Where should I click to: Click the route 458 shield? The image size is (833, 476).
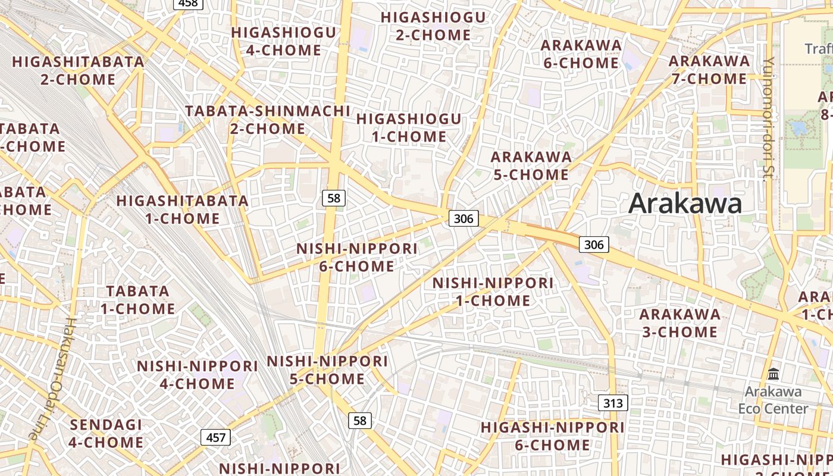tap(188, 4)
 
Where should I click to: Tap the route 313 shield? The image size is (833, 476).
tap(613, 403)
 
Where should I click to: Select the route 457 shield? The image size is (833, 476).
tap(215, 438)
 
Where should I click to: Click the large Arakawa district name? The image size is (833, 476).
tap(685, 203)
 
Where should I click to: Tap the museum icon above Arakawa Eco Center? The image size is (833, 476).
tap(773, 374)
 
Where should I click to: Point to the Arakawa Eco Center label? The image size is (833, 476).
tap(773, 400)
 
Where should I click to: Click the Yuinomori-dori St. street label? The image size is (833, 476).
tap(768, 118)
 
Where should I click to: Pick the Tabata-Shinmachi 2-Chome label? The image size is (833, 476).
tap(268, 120)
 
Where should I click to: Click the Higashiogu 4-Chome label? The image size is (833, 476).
tap(284, 41)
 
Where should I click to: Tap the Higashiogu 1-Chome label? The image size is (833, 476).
tap(409, 127)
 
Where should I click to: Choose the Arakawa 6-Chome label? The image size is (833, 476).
tap(581, 54)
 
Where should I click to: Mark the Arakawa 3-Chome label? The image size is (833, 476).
tap(679, 322)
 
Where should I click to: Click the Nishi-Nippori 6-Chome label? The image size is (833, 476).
tap(357, 257)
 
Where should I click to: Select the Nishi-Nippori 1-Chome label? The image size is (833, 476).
tap(493, 292)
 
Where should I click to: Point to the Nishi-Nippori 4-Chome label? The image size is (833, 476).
tap(198, 374)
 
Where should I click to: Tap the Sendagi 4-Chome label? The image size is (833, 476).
tap(106, 433)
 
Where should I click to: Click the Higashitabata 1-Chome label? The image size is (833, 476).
tap(183, 209)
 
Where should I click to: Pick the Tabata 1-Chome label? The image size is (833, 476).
tap(137, 300)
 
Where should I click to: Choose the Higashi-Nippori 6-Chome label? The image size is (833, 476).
tap(552, 436)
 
